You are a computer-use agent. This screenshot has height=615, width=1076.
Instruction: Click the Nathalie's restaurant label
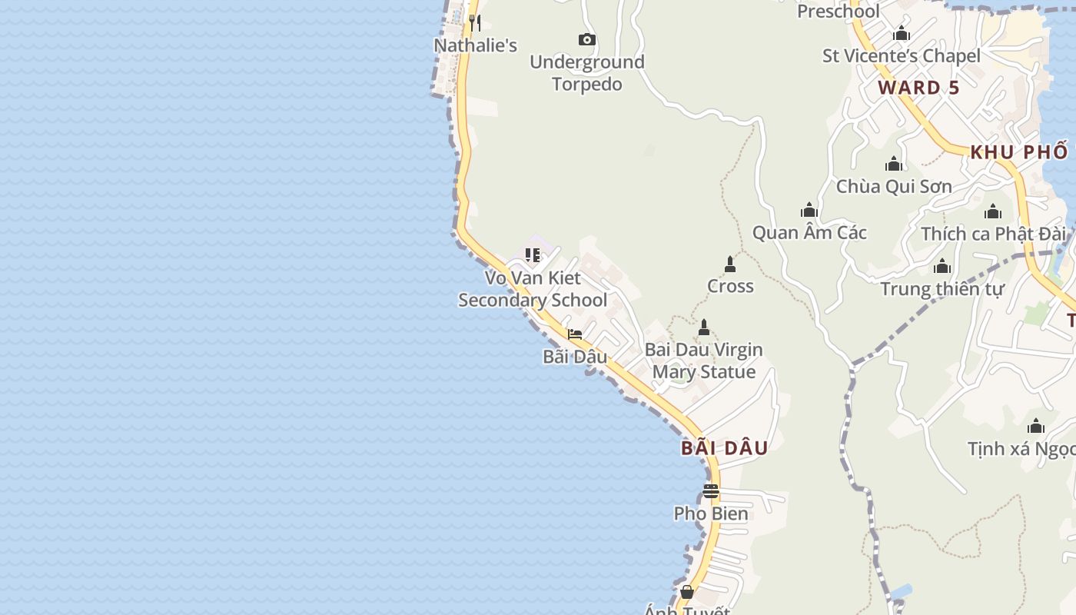[475, 45]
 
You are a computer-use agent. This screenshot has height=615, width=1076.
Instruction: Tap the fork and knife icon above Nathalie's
[475, 23]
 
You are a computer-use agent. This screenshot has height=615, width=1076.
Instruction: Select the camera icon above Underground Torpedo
[586, 39]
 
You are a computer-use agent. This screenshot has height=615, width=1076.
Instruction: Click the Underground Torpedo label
[586, 73]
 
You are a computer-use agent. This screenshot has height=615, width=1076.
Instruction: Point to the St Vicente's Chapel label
[901, 55]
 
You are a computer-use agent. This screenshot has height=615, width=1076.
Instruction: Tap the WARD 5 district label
[918, 88]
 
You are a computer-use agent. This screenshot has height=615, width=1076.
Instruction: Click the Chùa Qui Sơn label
[893, 186]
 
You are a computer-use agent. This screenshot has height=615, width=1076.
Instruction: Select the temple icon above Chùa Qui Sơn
[893, 164]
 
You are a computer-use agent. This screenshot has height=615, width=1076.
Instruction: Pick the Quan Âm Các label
[809, 232]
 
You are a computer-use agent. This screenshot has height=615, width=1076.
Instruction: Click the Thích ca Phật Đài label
[993, 234]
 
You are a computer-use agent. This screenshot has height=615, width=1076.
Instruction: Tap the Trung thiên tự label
[941, 289]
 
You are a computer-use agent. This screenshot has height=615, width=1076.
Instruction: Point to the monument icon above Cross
[730, 264]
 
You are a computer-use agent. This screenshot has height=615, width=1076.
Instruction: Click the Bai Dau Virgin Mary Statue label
[703, 361]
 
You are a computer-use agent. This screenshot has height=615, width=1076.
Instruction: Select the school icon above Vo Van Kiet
[532, 254]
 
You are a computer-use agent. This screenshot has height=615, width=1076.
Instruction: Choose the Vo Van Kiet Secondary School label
[533, 288]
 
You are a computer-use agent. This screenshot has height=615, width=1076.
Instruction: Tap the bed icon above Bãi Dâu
[574, 334]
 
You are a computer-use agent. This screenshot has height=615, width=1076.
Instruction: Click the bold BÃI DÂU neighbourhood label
[724, 448]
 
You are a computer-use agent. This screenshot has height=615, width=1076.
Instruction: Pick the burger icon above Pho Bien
[710, 491]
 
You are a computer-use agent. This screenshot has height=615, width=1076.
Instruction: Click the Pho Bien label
[710, 514]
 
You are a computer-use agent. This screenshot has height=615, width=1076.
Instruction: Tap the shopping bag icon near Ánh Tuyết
[686, 592]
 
